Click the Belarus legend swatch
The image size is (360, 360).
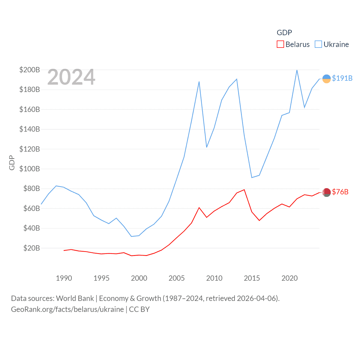(x=280, y=44)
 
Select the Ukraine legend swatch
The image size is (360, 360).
(x=318, y=44)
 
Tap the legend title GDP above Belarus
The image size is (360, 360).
(x=284, y=33)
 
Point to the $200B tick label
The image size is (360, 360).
(x=30, y=70)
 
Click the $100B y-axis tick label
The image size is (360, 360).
(x=30, y=169)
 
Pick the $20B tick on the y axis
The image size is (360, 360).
(x=31, y=248)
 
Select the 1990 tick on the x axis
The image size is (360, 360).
(x=64, y=278)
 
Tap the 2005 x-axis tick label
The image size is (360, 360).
(x=177, y=278)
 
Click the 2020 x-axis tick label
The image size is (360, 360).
(x=289, y=278)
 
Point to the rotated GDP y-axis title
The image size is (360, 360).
(x=12, y=163)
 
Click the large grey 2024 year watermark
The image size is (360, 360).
(x=71, y=77)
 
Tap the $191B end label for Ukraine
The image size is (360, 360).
(x=342, y=78)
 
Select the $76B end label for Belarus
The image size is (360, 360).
(x=340, y=192)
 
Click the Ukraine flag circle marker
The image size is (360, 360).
(x=327, y=79)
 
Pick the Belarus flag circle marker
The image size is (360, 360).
(x=327, y=192)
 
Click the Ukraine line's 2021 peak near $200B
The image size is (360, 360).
(x=297, y=70)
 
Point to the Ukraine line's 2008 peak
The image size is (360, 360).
(x=199, y=82)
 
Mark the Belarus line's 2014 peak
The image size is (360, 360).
(x=244, y=190)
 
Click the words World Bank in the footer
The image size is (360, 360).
(x=75, y=298)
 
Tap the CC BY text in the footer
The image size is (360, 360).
(x=139, y=309)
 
